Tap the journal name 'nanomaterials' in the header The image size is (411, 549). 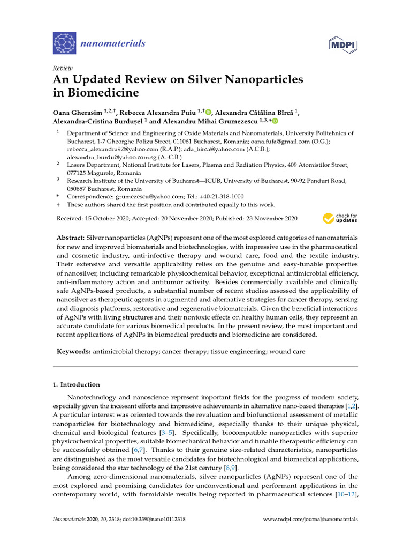click(x=112, y=43)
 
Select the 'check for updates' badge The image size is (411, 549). click(x=340, y=218)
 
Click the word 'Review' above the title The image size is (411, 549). click(x=62, y=69)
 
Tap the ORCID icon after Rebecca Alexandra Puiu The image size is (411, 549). click(x=208, y=112)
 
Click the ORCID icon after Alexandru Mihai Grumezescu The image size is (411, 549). click(x=275, y=122)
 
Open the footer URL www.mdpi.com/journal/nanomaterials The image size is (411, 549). click(x=311, y=520)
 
